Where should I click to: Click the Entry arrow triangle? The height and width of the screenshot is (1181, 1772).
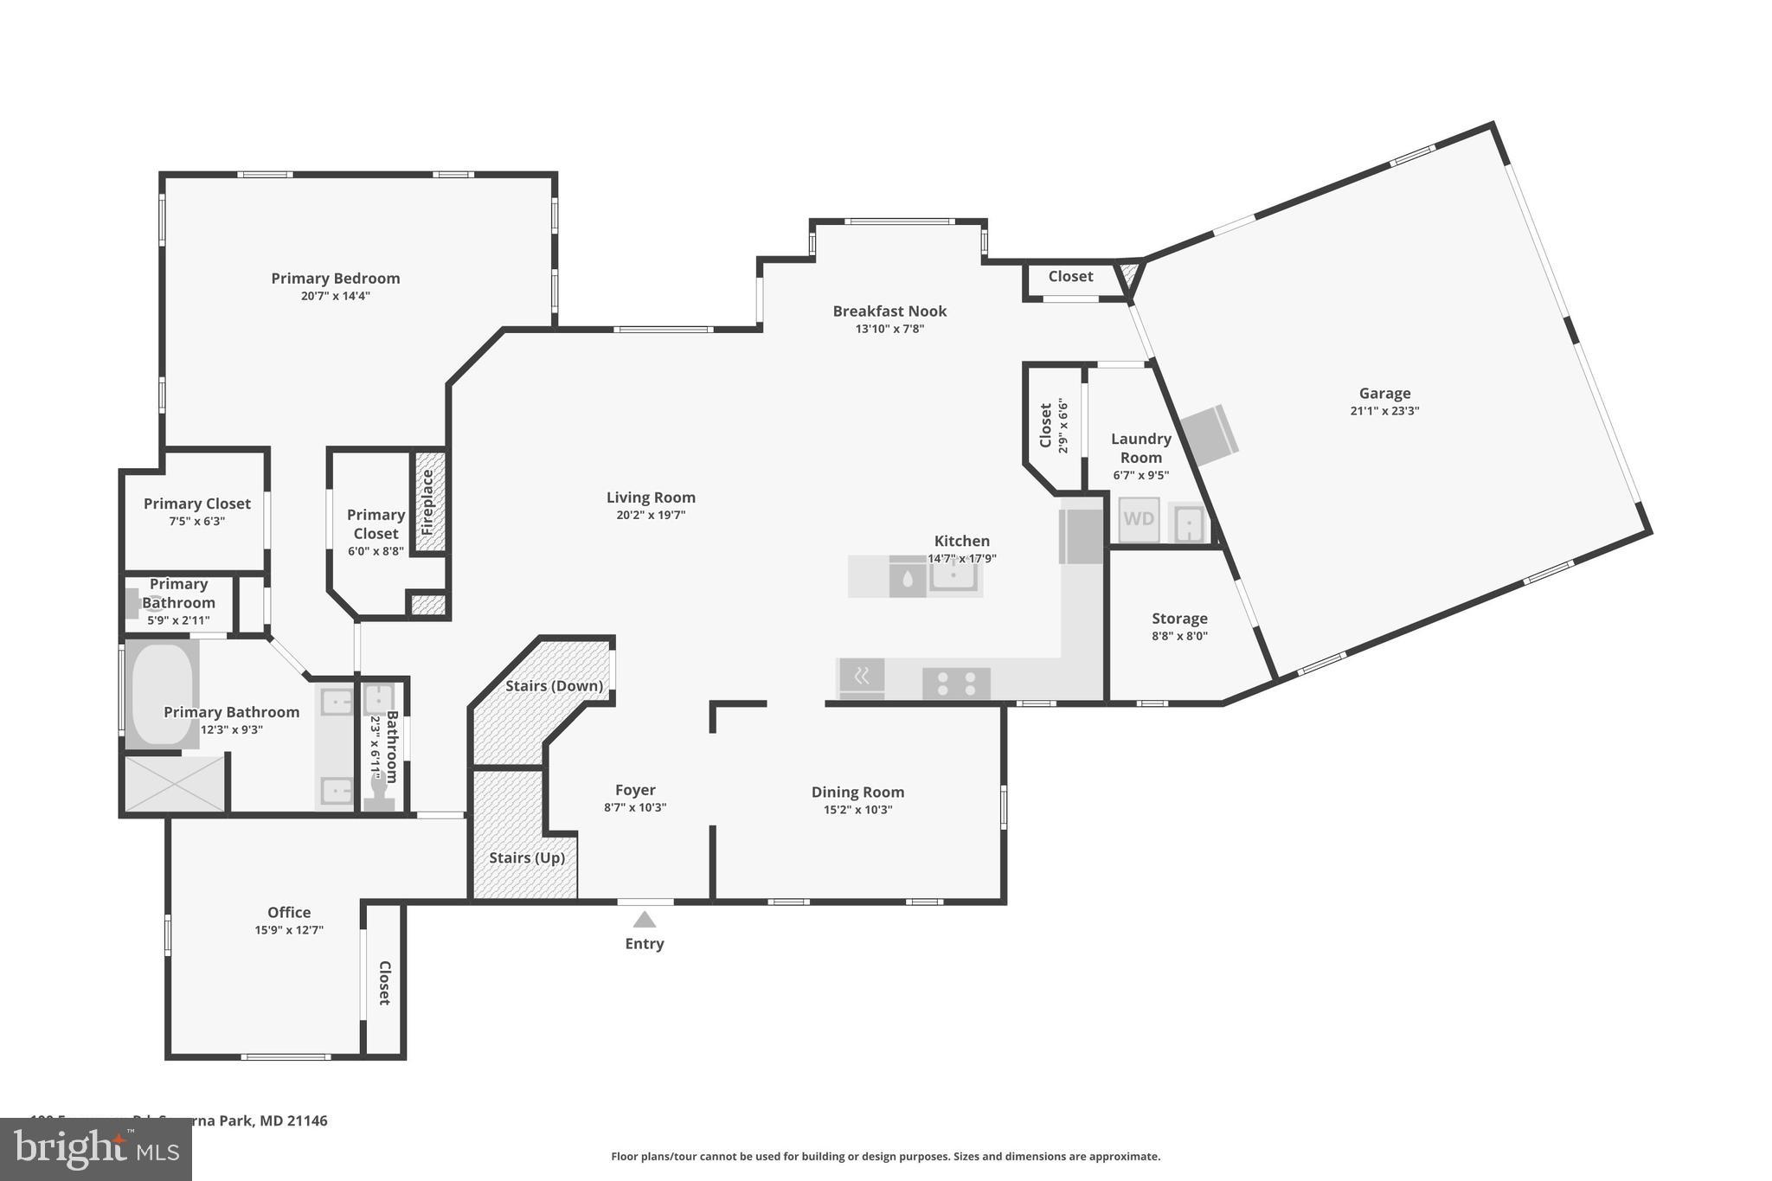(644, 920)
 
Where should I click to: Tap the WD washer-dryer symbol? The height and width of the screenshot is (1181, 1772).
(1139, 519)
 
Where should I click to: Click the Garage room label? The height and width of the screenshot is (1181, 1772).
(1384, 394)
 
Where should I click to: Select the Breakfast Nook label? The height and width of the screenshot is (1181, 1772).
(889, 311)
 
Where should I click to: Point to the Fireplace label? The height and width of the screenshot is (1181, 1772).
(427, 501)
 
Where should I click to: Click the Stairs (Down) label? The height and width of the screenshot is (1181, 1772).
(554, 686)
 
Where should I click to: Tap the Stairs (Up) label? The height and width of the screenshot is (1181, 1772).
(526, 857)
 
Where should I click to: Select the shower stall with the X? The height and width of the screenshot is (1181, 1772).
(175, 784)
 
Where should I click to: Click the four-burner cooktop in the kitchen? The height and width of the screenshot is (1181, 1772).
(956, 684)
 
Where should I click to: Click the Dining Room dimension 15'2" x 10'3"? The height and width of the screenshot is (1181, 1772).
(857, 810)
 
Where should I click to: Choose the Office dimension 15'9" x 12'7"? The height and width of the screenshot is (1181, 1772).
(289, 930)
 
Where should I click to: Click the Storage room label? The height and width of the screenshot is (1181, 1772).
(1179, 619)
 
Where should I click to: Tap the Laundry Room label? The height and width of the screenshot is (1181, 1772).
(1140, 448)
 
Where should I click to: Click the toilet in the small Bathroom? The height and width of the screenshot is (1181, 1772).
(378, 792)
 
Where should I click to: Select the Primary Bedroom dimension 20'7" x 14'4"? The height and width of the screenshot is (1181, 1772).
(336, 296)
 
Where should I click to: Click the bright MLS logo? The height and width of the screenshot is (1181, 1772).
(96, 1149)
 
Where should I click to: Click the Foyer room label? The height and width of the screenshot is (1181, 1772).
(635, 790)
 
